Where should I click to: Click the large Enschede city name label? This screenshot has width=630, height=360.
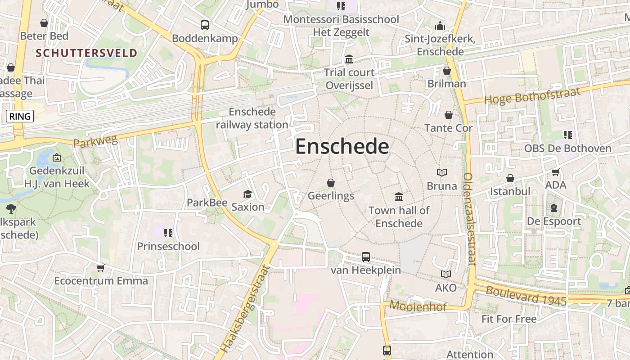pyautogui.click(x=342, y=147)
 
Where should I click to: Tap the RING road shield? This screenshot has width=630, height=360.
pyautogui.click(x=20, y=117)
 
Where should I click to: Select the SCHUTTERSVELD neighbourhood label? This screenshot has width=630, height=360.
pyautogui.click(x=86, y=53)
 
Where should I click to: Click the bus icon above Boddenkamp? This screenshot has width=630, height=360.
pyautogui.click(x=205, y=25)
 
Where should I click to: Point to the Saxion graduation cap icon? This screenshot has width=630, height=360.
pyautogui.click(x=247, y=194)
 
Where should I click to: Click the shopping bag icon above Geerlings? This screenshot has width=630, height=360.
pyautogui.click(x=331, y=183)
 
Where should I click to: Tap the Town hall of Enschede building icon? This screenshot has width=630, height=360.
pyautogui.click(x=399, y=197)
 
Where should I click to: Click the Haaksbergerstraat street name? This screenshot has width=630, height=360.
pyautogui.click(x=246, y=309)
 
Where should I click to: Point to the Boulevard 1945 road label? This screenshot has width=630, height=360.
pyautogui.click(x=526, y=296)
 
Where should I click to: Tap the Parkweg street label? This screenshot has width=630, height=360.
pyautogui.click(x=95, y=142)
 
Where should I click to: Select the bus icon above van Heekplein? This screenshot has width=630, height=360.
pyautogui.click(x=366, y=257)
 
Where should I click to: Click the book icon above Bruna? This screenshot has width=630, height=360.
pyautogui.click(x=442, y=172)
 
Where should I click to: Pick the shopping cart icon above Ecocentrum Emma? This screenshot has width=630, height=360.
pyautogui.click(x=101, y=268)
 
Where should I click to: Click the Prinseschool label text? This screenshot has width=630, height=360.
pyautogui.click(x=168, y=247)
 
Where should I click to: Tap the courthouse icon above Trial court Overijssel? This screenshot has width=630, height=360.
pyautogui.click(x=349, y=59)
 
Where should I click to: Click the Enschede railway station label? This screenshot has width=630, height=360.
pyautogui.click(x=252, y=118)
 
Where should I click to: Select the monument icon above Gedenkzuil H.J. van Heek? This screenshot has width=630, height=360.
pyautogui.click(x=57, y=157)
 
